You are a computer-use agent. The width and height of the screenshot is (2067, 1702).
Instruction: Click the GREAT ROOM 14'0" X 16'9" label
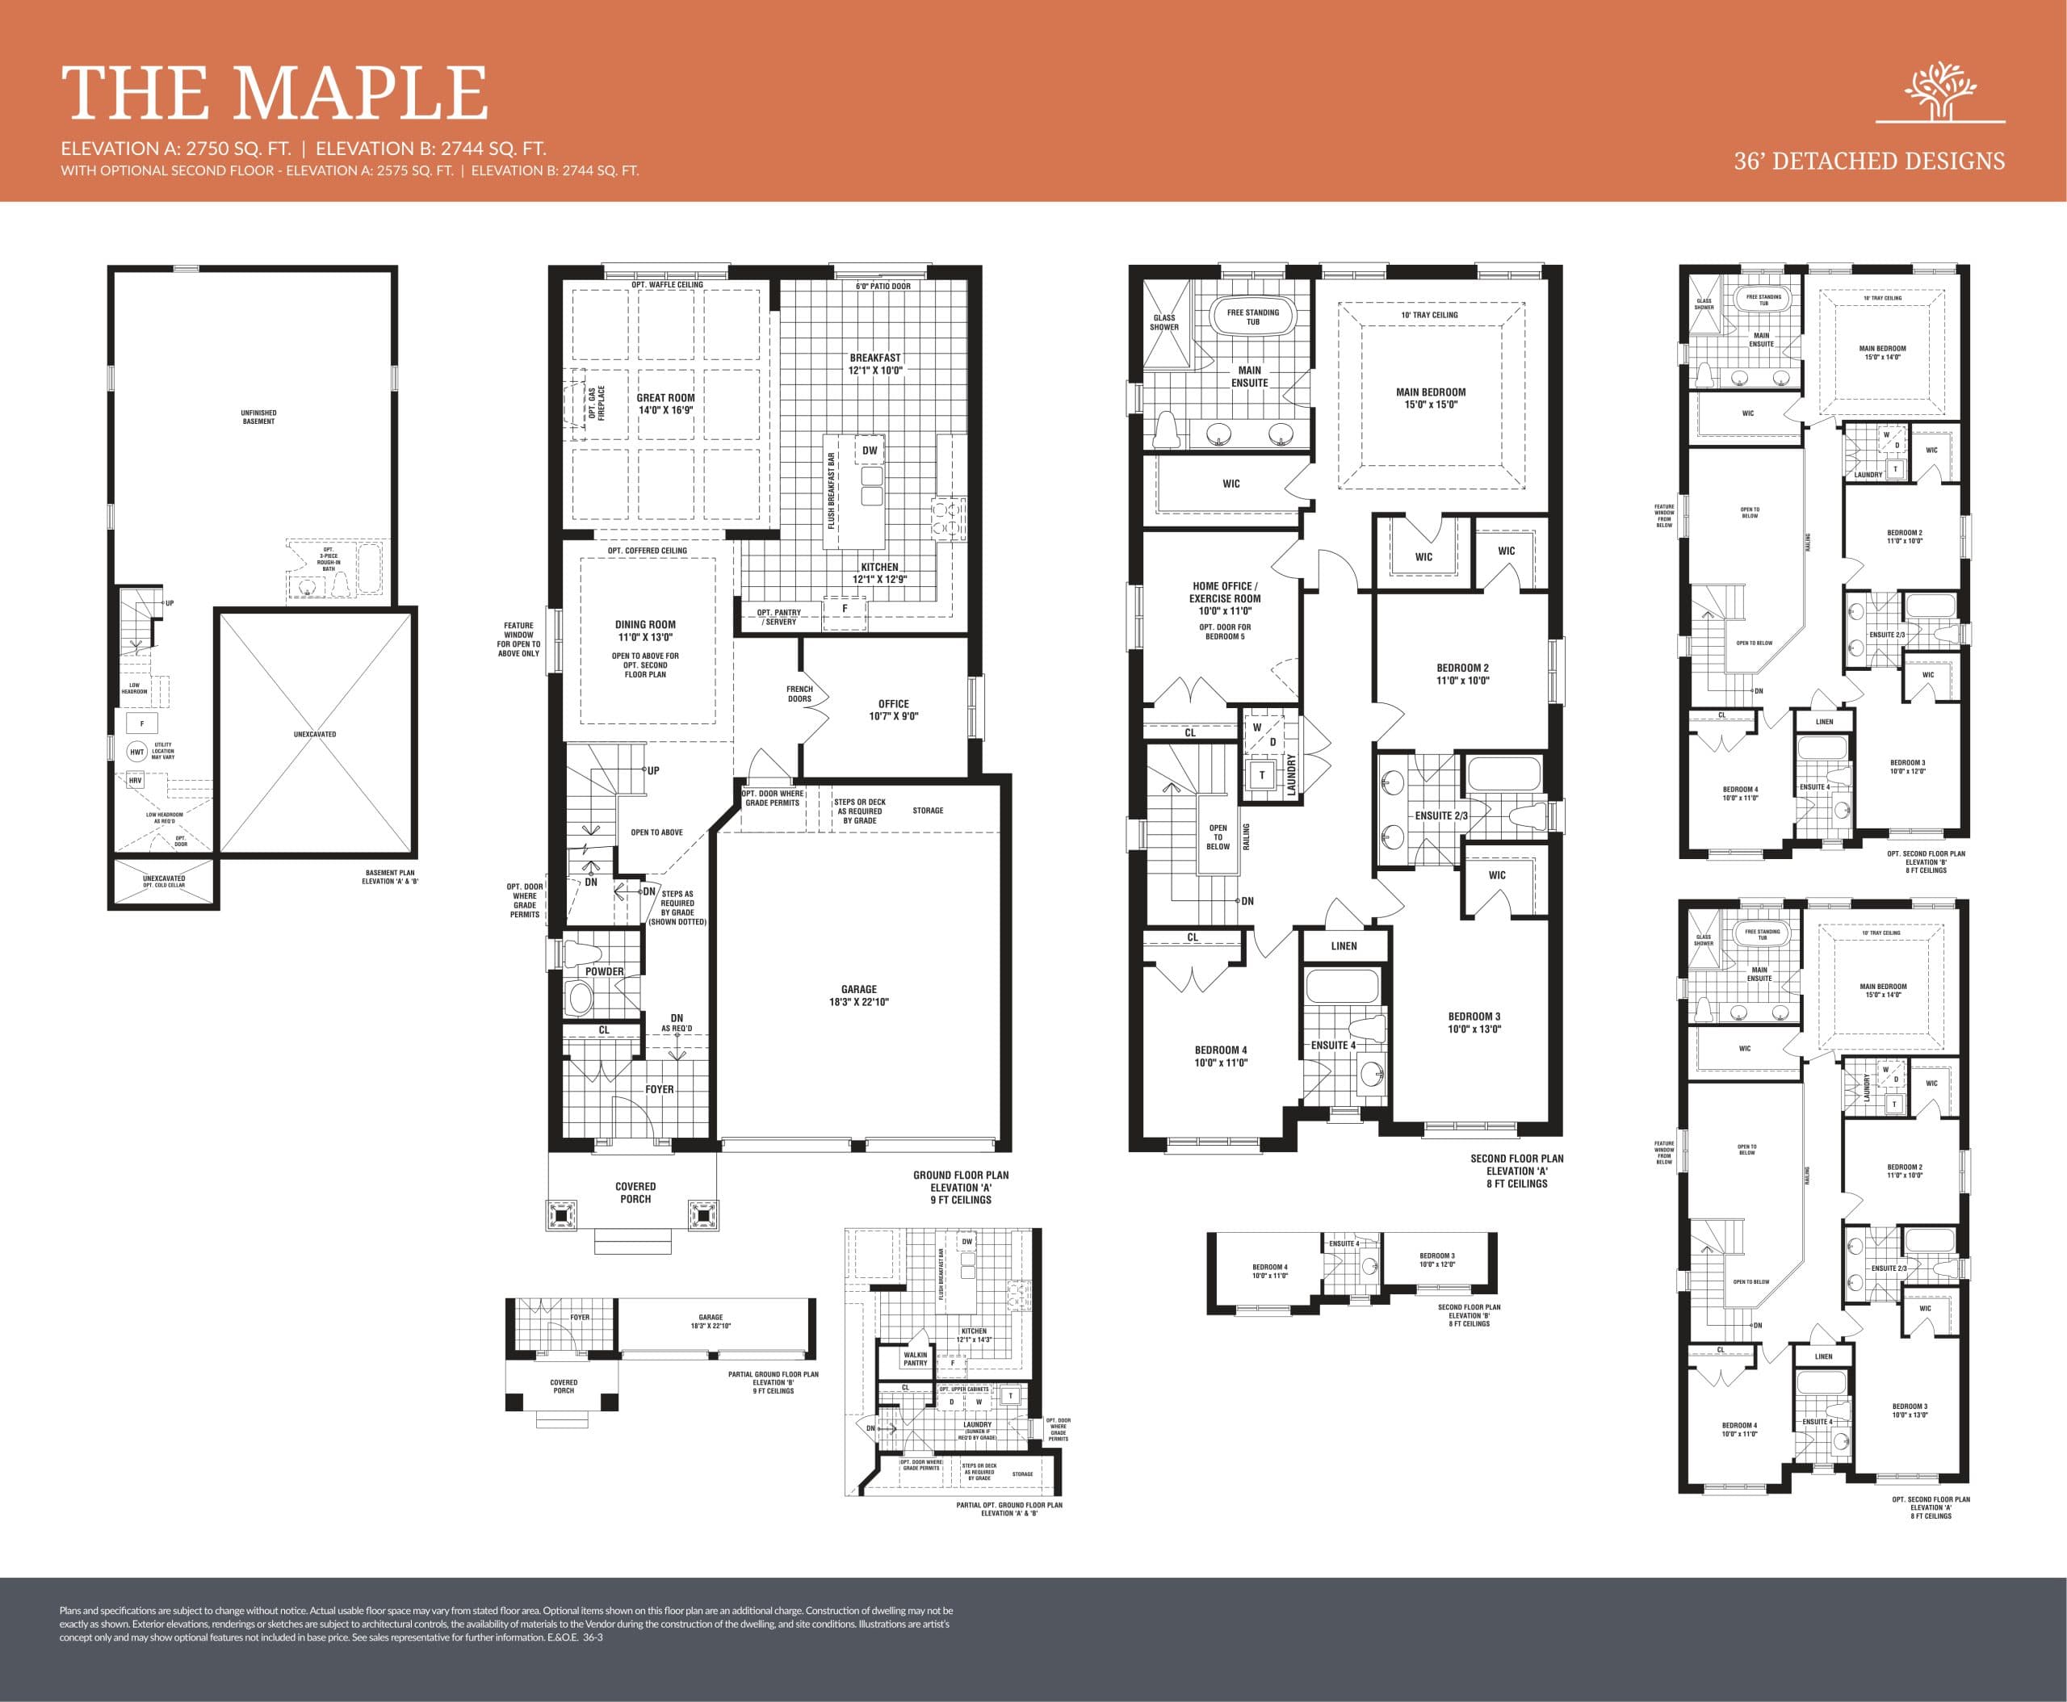(666, 404)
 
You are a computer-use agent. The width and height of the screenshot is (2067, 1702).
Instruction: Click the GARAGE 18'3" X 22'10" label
(858, 995)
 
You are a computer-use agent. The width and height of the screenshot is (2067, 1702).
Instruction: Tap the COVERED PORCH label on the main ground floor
(635, 1193)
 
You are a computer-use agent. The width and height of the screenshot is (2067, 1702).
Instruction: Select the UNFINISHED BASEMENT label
(259, 417)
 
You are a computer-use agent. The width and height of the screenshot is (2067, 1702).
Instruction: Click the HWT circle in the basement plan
(137, 752)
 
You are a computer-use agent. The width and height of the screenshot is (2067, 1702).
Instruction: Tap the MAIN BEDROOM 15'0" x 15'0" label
(1431, 397)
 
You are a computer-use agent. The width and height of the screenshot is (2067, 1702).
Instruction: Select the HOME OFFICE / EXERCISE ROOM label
(1225, 598)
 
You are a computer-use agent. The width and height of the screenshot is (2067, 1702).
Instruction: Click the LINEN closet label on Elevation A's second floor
(1344, 946)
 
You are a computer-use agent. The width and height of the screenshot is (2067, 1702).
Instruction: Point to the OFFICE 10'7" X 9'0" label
(893, 710)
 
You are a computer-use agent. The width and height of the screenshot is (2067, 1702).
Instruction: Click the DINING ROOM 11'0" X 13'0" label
(645, 631)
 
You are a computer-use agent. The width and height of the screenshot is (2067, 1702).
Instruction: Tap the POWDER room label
(604, 971)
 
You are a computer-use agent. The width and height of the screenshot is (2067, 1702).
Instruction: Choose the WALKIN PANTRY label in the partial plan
(915, 1359)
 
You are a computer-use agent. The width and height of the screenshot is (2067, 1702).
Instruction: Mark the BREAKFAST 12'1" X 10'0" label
(875, 363)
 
